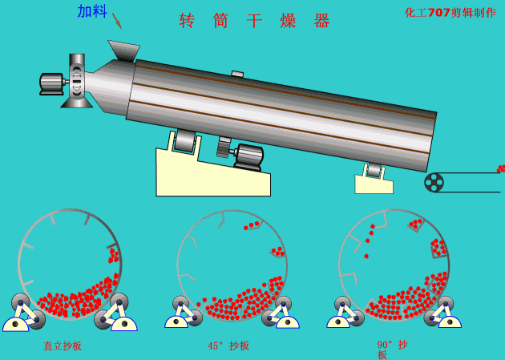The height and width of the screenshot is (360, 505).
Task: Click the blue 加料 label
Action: pos(92,11)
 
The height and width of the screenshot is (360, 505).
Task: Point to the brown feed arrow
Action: pos(117,21)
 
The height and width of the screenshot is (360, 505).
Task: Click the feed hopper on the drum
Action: pos(124,51)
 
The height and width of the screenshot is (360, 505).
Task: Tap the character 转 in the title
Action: pos(187,21)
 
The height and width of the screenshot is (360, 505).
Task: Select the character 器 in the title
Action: pos(321,21)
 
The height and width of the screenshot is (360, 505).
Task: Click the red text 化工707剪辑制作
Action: pos(450,12)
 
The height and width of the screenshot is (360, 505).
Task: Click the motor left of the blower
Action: pos(51,84)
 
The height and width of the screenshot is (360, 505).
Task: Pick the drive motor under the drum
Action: pos(248,157)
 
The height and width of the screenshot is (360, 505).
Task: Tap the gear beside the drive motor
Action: pos(224,148)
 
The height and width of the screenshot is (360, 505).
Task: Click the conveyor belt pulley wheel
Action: pos(434,182)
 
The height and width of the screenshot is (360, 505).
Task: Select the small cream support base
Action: pos(374,184)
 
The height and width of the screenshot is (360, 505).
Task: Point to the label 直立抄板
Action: pos(63,346)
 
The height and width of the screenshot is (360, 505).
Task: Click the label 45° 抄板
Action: pos(228,346)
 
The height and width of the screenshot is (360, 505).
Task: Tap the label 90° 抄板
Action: pos(392,350)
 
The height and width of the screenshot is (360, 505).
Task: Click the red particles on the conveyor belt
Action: pos(501,168)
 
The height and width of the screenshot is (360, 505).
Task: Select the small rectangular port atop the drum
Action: pos(237,74)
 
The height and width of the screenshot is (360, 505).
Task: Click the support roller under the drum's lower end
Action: pos(374,170)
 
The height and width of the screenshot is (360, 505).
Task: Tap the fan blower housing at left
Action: pos(77,80)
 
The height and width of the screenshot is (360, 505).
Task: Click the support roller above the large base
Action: pos(185,140)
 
